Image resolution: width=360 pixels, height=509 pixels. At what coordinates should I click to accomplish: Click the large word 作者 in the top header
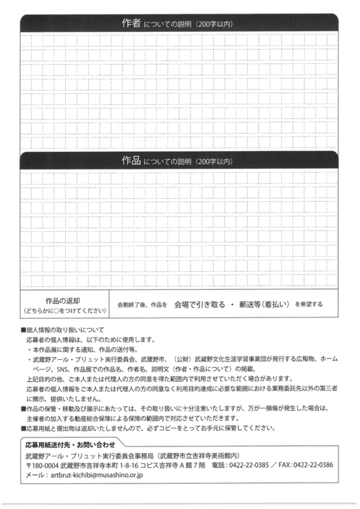pyautogui.click(x=131, y=23)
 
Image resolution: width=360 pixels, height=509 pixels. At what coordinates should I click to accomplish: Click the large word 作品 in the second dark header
pyautogui.click(x=131, y=160)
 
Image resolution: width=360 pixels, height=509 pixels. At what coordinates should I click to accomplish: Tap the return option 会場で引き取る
pyautogui.click(x=200, y=304)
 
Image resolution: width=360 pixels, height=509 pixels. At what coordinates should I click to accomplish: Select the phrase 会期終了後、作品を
pyautogui.click(x=142, y=304)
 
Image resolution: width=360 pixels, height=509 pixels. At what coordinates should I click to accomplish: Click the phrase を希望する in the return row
pyautogui.click(x=309, y=304)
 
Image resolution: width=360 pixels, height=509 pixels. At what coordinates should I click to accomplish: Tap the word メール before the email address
pyautogui.click(x=33, y=476)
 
